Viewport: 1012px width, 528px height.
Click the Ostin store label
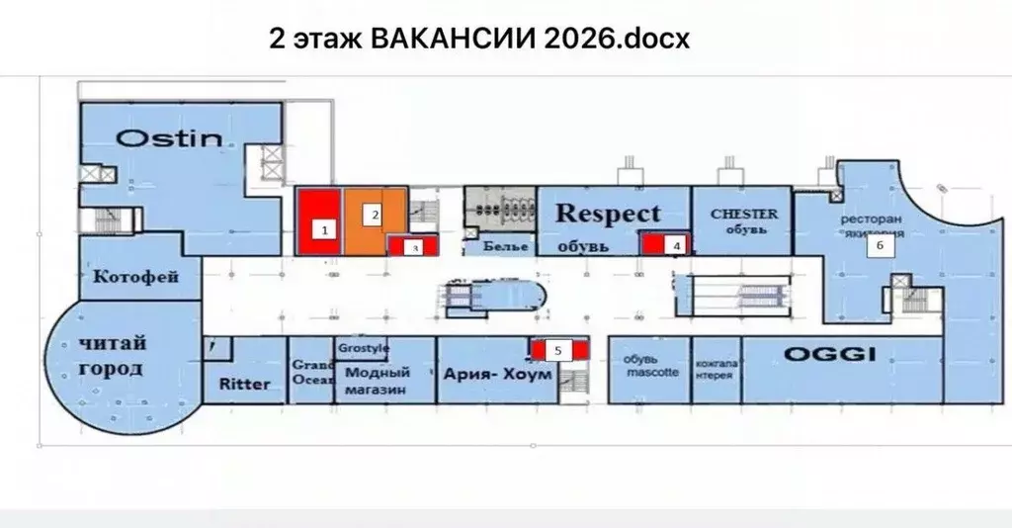coord(171,137)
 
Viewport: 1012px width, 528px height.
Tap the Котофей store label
coord(135,277)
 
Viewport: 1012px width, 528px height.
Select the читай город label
coord(112,356)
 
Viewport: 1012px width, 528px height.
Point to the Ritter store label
coord(244,383)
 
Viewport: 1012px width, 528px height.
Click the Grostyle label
coord(364,349)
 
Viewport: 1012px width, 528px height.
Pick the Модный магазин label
coord(377,382)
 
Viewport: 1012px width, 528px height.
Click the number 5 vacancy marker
coord(558,349)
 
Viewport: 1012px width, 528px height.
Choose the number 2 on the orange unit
coord(375,213)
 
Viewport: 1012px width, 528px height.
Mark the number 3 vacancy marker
coord(416,247)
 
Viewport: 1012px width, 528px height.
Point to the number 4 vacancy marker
coord(676,243)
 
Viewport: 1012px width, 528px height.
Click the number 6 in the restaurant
coord(875,248)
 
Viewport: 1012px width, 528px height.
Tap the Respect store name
coord(608,213)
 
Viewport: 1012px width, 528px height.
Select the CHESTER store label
coord(744,214)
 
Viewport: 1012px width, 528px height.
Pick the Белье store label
coord(504,246)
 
